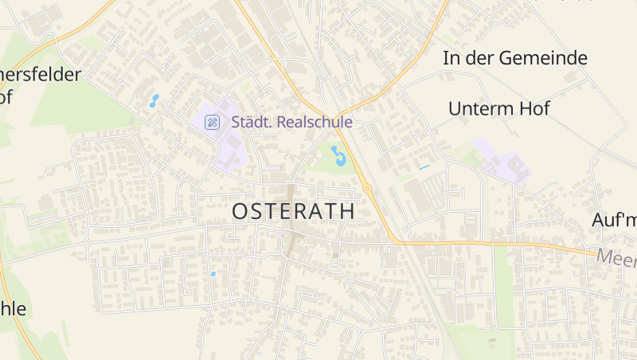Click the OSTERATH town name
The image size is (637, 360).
(293, 212)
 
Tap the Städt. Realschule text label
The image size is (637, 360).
(291, 122)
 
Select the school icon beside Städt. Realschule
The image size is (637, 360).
(212, 122)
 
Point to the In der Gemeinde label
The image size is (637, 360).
(515, 58)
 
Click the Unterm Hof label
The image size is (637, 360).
(499, 109)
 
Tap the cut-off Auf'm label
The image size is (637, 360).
(614, 221)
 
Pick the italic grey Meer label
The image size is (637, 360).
(616, 256)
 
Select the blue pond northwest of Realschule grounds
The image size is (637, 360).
(154, 101)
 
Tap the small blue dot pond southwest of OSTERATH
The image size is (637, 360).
(213, 274)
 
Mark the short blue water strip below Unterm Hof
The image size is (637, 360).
(424, 167)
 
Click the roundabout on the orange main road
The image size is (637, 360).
(367, 189)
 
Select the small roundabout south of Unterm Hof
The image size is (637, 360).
(449, 160)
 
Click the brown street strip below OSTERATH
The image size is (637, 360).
(293, 239)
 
